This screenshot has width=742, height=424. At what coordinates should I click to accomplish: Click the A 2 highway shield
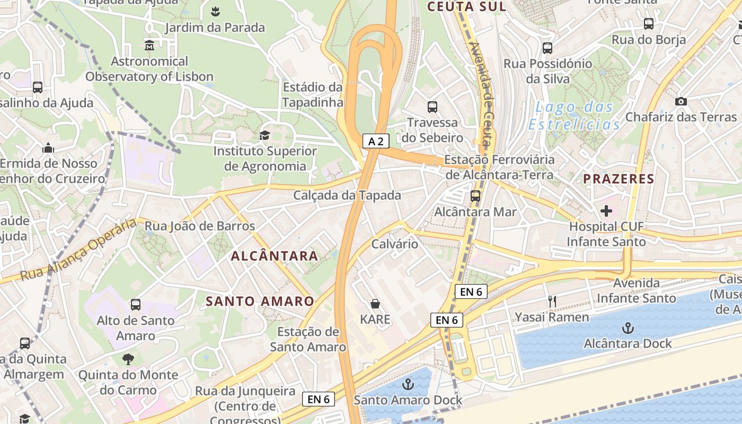click(376, 141)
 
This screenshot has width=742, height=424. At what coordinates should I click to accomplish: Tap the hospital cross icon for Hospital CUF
click(606, 211)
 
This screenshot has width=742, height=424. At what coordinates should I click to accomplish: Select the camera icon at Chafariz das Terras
click(681, 101)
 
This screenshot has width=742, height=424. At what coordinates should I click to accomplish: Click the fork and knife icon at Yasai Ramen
click(552, 302)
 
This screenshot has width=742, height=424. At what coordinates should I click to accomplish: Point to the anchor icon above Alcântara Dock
click(628, 328)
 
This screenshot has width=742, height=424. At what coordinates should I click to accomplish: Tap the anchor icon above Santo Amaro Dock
click(408, 384)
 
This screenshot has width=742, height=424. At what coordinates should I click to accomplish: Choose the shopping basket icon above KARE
click(375, 304)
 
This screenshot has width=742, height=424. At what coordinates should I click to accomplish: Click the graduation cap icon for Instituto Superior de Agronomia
click(264, 135)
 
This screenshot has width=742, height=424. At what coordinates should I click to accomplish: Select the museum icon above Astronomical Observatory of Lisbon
click(149, 46)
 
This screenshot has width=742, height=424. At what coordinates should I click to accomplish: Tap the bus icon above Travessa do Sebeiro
click(432, 107)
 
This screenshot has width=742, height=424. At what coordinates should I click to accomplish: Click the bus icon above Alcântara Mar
click(475, 196)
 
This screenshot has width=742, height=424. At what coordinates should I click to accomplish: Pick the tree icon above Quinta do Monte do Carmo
click(128, 359)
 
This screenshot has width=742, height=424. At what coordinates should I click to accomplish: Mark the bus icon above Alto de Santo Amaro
click(136, 305)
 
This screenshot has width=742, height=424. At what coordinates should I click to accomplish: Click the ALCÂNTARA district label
click(275, 256)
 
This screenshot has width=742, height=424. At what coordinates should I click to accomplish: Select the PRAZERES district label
click(619, 179)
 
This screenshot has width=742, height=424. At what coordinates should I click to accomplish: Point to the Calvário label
click(395, 244)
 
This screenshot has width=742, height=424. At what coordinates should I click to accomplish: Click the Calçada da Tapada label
click(347, 195)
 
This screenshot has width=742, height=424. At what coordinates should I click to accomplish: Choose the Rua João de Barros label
click(200, 226)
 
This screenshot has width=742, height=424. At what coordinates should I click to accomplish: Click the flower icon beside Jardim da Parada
click(215, 11)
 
